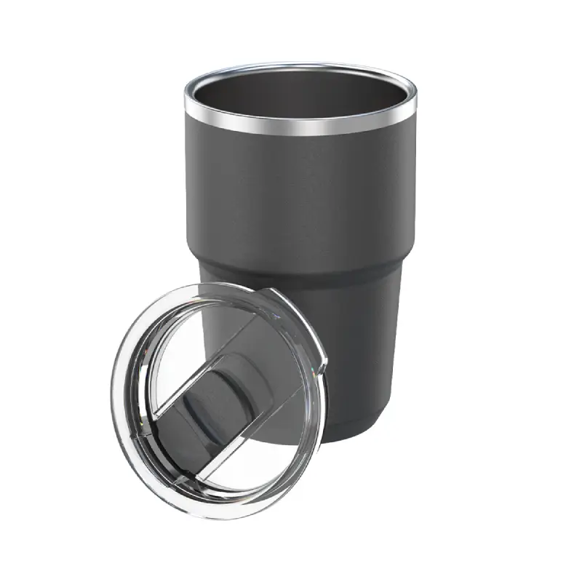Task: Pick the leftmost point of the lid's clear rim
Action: coord(113,407)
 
